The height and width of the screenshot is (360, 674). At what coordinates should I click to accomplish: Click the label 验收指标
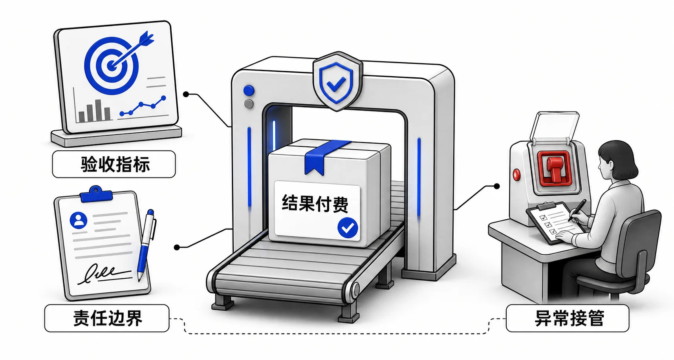click(115, 164)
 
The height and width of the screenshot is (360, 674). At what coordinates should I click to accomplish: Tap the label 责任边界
click(107, 318)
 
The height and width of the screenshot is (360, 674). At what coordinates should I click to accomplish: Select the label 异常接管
click(569, 318)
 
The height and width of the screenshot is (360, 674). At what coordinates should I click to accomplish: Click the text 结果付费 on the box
click(315, 204)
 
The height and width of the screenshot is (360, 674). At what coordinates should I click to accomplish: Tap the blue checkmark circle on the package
click(348, 228)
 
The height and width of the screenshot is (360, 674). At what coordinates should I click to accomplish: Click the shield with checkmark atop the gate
click(337, 81)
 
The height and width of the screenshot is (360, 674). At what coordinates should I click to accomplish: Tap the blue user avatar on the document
click(79, 221)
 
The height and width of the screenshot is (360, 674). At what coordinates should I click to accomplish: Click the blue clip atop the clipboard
click(96, 194)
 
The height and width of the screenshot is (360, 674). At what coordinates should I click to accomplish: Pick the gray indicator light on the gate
click(249, 104)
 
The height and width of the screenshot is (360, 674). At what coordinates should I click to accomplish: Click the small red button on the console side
click(516, 175)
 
